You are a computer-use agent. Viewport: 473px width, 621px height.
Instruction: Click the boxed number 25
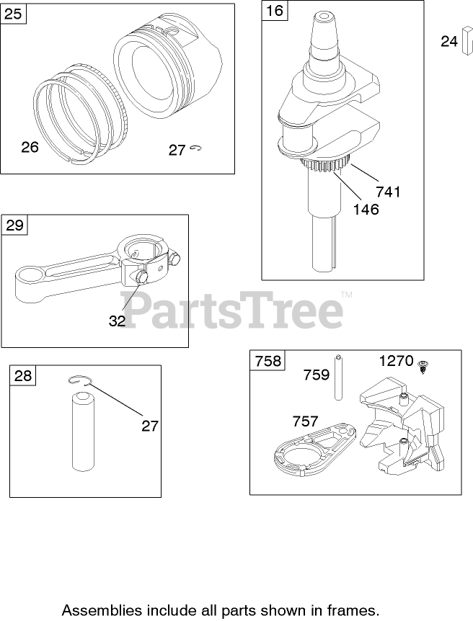14,14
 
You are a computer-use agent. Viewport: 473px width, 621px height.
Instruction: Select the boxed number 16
274,12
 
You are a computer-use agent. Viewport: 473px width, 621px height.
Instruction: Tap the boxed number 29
14,225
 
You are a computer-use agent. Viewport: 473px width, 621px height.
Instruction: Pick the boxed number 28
23,375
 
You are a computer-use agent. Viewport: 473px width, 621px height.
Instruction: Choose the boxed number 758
268,360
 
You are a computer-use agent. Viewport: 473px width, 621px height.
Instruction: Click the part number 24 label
449,42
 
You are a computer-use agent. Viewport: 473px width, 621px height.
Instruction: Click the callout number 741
388,192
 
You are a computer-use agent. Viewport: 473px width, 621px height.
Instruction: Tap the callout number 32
117,321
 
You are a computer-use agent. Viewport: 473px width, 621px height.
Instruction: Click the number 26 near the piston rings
30,147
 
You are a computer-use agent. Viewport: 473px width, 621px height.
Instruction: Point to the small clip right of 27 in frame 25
198,148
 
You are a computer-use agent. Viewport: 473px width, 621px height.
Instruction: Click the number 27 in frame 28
149,426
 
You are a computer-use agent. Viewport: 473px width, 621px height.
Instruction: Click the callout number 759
316,375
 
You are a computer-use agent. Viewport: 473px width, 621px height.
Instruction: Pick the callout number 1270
397,360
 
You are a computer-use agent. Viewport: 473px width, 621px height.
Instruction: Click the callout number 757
306,421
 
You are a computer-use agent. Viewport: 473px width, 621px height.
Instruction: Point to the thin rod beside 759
337,377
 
